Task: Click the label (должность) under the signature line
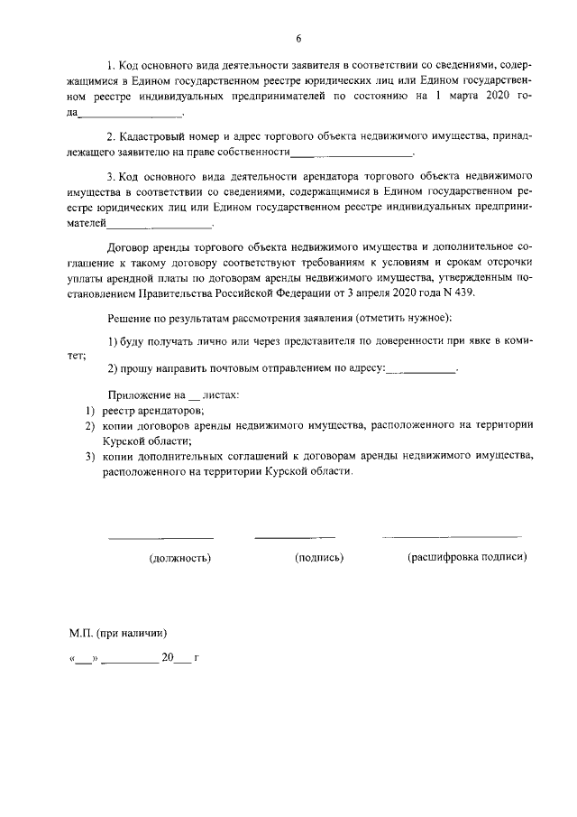coord(179,558)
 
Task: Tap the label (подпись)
coord(319,558)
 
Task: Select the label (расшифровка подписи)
coord(467,557)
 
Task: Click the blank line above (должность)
coord(160,538)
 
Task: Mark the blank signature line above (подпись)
coord(294,538)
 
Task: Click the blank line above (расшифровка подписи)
coord(451,538)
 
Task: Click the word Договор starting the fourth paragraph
coord(130,246)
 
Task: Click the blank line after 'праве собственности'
coord(334,155)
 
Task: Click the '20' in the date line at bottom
coord(167,658)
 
